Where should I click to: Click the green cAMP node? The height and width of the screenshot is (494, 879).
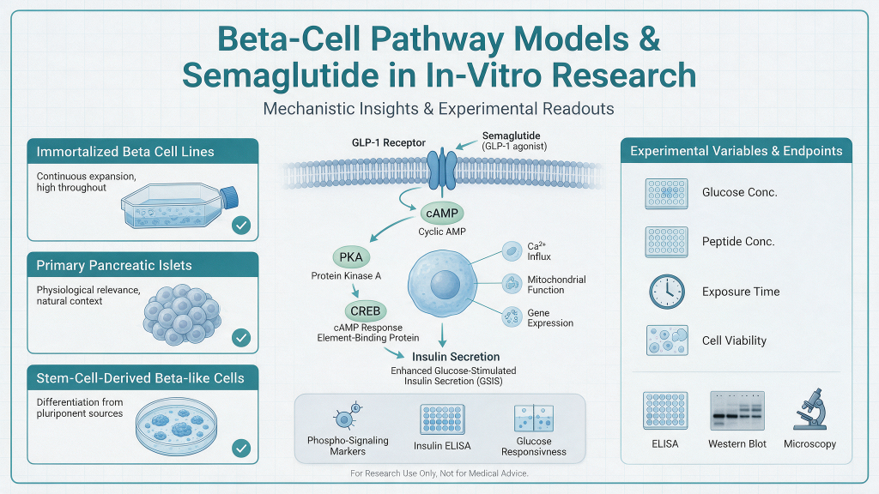442,214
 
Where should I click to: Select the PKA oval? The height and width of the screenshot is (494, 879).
351,257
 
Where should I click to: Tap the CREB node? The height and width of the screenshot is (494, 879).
366,310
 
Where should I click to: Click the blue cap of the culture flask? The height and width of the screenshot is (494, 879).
228,198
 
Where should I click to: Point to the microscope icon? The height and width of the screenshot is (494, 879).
810,409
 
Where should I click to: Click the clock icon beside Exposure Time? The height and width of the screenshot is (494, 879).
666,292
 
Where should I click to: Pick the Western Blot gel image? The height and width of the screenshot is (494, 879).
737,411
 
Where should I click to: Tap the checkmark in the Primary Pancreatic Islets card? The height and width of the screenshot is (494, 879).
241,338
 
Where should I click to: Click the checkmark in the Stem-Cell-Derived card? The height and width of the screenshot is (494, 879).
241,448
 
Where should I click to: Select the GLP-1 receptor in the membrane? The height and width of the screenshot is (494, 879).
442,169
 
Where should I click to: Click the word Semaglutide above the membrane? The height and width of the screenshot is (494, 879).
512,136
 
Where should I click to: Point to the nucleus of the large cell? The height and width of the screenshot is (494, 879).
446,285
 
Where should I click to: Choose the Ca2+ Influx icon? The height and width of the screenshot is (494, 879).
512,251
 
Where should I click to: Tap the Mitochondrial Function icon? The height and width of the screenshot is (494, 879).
512,284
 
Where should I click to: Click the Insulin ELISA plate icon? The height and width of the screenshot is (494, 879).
442,419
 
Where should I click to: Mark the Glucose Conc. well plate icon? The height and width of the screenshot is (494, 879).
666,194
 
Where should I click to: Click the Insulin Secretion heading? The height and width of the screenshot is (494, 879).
456,357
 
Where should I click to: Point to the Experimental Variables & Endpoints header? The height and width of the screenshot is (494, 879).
736,151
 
